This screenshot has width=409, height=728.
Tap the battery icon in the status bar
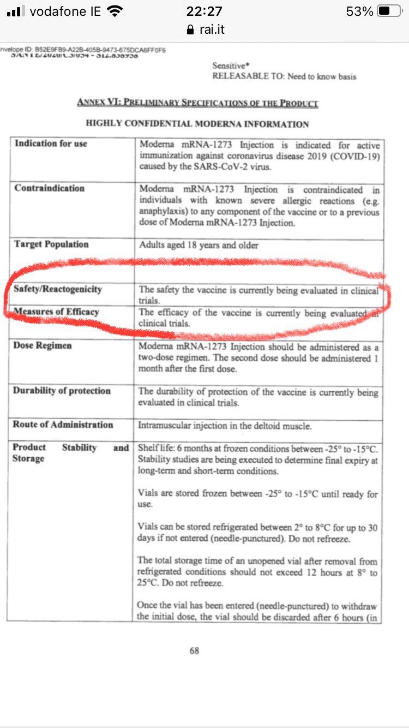point(389,11)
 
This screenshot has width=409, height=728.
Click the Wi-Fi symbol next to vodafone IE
point(115,11)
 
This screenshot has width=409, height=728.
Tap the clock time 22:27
point(204,11)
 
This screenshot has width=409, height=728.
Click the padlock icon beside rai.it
point(190,29)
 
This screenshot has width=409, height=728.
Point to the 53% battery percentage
point(359,11)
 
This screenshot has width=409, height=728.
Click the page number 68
point(194,651)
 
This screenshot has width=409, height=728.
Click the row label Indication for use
point(51,144)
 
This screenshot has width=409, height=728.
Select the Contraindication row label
point(50,188)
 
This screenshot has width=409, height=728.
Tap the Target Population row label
point(51,244)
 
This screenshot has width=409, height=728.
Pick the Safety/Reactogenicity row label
point(58,289)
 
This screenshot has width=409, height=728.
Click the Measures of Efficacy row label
point(56,312)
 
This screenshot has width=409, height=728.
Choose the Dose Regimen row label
point(43,345)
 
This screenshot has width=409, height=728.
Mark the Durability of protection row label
point(62,391)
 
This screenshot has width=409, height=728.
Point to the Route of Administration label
point(63,425)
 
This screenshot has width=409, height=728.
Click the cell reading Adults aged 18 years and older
point(199,246)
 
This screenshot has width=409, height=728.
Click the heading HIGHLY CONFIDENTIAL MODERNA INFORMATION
point(197,124)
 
